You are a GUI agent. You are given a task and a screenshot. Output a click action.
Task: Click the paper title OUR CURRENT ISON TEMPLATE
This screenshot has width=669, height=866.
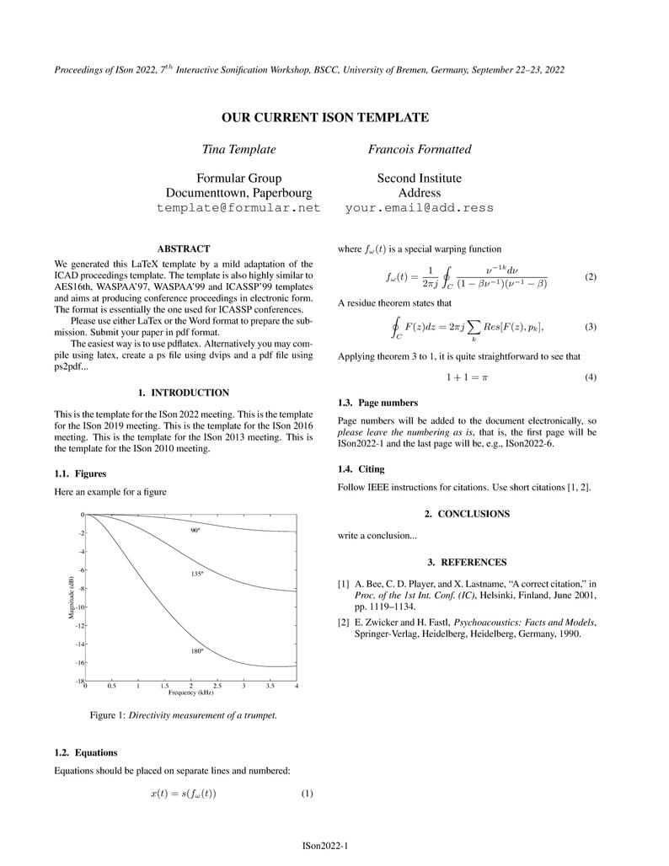point(324,118)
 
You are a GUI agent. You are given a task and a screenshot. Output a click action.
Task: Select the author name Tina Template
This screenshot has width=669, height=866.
point(238,150)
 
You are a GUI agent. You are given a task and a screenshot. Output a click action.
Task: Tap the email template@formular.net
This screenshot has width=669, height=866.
point(238,208)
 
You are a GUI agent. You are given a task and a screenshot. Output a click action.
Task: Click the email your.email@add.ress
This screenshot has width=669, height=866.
point(419,208)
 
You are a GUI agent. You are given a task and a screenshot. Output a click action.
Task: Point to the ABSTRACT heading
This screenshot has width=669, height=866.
point(183,249)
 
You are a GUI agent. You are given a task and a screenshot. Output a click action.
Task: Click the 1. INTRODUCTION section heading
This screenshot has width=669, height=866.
point(183,393)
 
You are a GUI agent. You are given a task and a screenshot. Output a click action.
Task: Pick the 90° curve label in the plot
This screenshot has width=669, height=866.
point(195,531)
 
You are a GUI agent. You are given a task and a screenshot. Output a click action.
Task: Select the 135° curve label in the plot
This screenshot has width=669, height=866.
point(197,574)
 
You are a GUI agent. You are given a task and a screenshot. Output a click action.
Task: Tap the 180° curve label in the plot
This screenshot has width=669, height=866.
point(197,651)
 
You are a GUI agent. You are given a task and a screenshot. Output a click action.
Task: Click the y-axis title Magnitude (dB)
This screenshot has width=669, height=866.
point(72,597)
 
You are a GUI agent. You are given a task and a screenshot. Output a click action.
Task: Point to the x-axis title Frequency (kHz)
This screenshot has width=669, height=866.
point(191,692)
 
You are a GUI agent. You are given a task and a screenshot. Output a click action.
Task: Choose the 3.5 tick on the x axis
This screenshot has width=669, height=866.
point(270,687)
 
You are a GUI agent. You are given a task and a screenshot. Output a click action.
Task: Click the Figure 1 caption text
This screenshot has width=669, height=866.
point(183,715)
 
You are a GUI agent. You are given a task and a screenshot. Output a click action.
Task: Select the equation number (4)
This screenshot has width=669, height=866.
point(590,377)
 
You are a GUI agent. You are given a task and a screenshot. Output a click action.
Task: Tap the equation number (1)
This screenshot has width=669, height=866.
point(307,794)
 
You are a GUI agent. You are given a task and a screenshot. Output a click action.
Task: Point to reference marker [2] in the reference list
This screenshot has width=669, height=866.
point(344,623)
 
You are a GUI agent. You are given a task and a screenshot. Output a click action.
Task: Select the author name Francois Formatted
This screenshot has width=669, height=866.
point(419,150)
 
